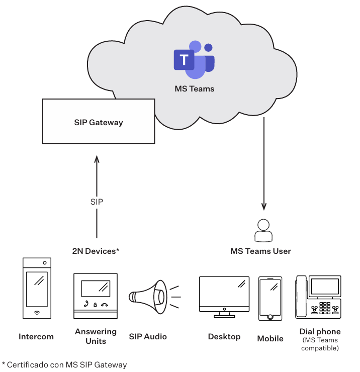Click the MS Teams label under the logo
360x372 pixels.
pos(194,89)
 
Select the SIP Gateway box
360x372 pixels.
pos(99,122)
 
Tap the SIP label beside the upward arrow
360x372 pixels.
pos(97,202)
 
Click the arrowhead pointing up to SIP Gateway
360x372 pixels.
pos(97,160)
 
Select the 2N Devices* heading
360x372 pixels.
pos(96,251)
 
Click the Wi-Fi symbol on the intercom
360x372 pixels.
pos(37,313)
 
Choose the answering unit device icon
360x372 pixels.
pos(96,296)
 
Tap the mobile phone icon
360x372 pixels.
pos(270,298)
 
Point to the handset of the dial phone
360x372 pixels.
pos(301,297)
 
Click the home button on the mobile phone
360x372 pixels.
pos(270,317)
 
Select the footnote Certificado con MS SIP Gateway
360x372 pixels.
pos(64,364)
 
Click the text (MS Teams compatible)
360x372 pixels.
pos(320,344)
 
